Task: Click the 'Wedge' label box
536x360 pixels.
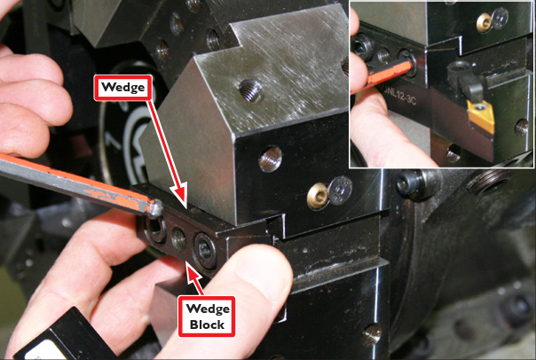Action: pos(123,88)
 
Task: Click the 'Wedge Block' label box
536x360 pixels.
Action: pos(207,317)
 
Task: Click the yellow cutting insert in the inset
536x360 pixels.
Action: pos(481,115)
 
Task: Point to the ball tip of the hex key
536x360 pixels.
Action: pos(156,208)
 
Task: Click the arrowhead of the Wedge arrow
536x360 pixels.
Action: pos(180,195)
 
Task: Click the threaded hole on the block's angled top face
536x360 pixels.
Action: pos(250,90)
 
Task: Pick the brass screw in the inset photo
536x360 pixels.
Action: pos(484,22)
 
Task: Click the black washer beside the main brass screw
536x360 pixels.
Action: pos(340,191)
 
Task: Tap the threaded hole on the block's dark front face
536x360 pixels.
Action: pos(270,159)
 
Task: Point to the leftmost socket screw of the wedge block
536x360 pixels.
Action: pos(155,230)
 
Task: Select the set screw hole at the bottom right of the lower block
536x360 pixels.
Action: pos(371,334)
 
